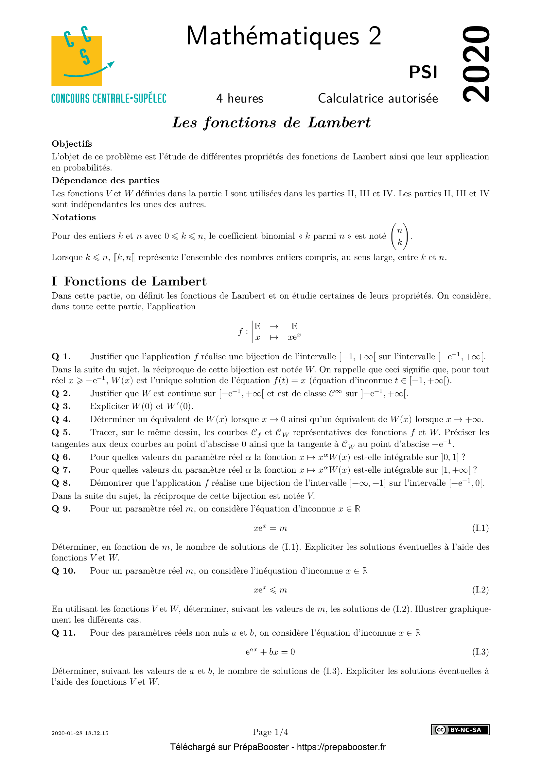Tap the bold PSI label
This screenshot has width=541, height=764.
pyautogui.click(x=423, y=72)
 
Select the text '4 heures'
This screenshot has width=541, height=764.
pyautogui.click(x=239, y=99)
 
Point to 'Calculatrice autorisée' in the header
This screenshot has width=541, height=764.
pyautogui.click(x=378, y=99)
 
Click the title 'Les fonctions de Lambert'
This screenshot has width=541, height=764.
pyautogui.click(x=271, y=122)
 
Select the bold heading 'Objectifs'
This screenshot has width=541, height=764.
pyautogui.click(x=72, y=144)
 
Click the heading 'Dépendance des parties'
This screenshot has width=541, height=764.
pyautogui.click(x=105, y=180)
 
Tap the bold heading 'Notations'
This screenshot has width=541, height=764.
pyautogui.click(x=74, y=217)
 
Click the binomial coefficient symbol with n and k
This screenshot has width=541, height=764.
pyautogui.click(x=400, y=236)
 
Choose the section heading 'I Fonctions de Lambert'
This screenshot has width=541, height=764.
pyautogui.click(x=129, y=281)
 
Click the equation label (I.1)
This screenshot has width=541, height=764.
pyautogui.click(x=480, y=528)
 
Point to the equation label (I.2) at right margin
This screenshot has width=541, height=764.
pyautogui.click(x=480, y=590)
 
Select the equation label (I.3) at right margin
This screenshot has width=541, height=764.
pyautogui.click(x=480, y=652)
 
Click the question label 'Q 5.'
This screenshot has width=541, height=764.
pyautogui.click(x=61, y=432)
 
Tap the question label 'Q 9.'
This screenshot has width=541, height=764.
pyautogui.click(x=61, y=509)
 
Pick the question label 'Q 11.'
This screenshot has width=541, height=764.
pyautogui.click(x=64, y=633)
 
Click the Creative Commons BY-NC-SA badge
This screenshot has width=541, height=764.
pyautogui.click(x=460, y=730)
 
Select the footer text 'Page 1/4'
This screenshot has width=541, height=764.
pyautogui.click(x=270, y=732)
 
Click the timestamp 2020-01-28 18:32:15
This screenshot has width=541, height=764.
pyautogui.click(x=80, y=733)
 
